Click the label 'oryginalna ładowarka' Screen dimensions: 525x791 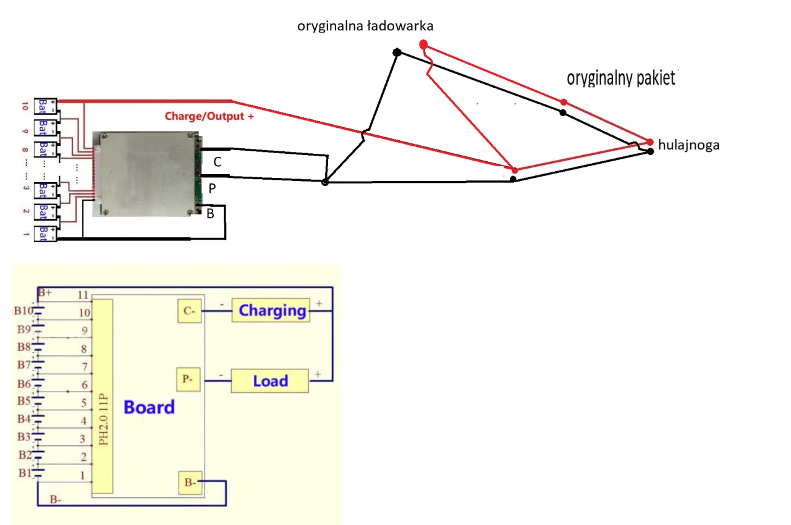[365, 26]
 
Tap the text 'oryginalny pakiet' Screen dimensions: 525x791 [620, 78]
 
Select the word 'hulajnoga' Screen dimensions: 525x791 [689, 145]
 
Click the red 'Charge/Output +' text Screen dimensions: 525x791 [209, 115]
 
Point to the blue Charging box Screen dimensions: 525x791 [272, 310]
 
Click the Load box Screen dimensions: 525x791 [270, 381]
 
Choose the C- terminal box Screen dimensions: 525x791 [188, 311]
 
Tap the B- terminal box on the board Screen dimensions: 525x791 [190, 483]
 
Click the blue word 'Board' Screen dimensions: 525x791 [149, 408]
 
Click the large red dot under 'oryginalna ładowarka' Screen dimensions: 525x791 [423, 44]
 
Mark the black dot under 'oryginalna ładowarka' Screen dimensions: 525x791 [397, 52]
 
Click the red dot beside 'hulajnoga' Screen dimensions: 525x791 [650, 142]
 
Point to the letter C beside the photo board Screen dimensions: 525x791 [217, 162]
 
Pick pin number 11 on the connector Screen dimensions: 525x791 [83, 295]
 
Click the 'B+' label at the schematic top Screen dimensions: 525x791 [45, 292]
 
